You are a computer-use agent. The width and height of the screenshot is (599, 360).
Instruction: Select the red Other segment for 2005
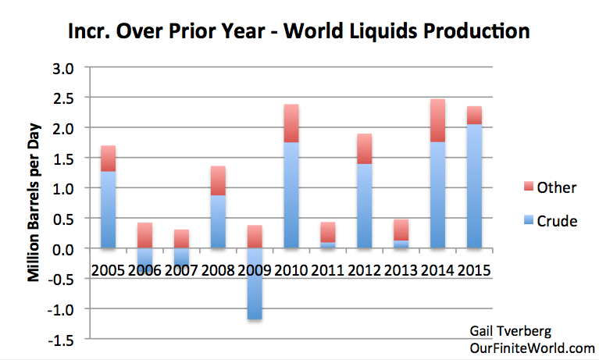[108, 158]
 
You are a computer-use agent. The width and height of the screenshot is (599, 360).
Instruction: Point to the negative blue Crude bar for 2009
[253, 283]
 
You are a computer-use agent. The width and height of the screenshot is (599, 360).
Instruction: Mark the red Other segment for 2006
[144, 235]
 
